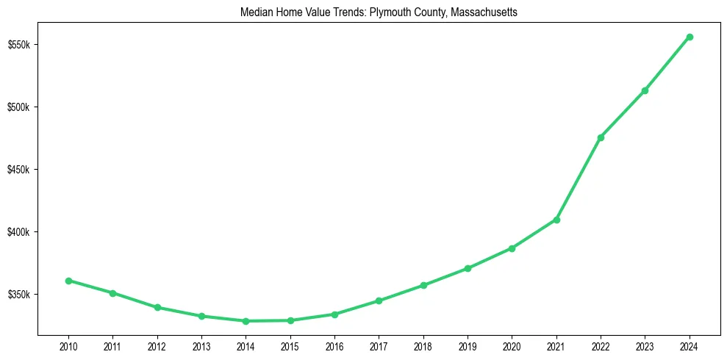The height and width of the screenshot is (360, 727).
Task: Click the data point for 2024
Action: click(690, 37)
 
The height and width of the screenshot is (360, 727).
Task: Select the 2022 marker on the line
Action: click(601, 137)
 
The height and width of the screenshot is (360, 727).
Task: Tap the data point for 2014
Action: click(246, 321)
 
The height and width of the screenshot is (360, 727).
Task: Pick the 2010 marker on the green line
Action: click(68, 281)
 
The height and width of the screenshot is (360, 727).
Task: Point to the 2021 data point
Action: click(556, 220)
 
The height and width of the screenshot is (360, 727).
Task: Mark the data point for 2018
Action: click(423, 285)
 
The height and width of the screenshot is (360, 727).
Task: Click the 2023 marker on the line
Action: click(645, 90)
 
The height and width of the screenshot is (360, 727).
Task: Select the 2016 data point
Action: click(334, 314)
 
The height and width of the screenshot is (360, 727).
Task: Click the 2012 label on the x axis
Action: click(157, 345)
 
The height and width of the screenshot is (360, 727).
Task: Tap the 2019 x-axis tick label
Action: click(468, 345)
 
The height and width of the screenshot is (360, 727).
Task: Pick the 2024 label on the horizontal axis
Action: click(690, 345)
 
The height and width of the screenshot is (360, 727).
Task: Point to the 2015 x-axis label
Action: click(290, 345)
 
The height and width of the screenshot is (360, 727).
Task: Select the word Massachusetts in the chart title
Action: click(482, 12)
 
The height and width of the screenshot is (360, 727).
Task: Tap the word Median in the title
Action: click(256, 12)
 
